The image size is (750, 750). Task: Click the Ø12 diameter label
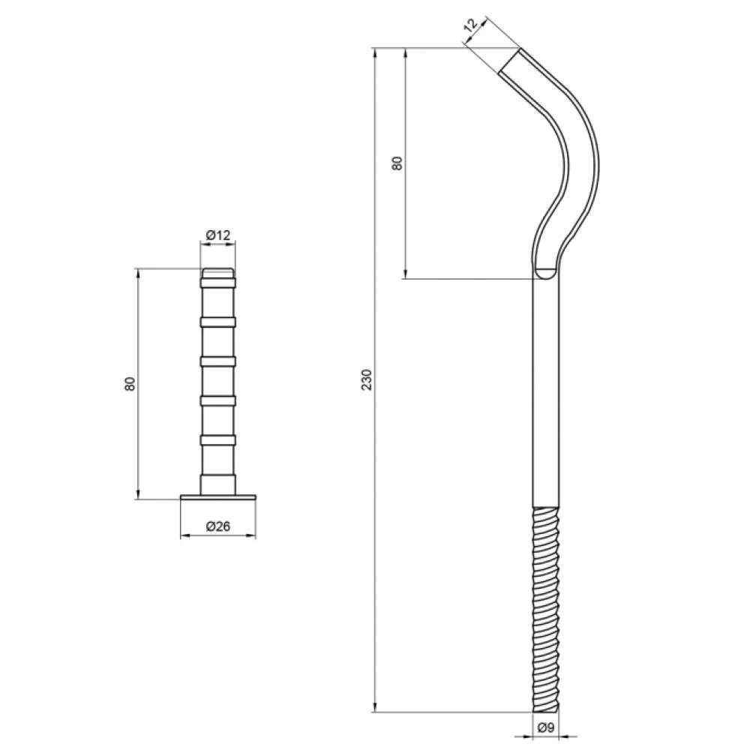coord(218,235)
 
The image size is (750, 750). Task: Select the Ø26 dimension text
coord(218,526)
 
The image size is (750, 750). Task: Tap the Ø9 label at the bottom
coord(546,727)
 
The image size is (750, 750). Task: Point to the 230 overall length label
coord(367,379)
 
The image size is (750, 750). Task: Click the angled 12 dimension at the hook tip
coord(471,25)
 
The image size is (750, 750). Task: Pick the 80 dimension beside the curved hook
coord(397,163)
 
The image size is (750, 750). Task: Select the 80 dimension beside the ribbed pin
coord(130,384)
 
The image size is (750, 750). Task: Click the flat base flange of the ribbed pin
coord(218,497)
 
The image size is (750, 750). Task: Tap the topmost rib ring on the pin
coord(218,283)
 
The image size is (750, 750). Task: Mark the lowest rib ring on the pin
coord(218,440)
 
